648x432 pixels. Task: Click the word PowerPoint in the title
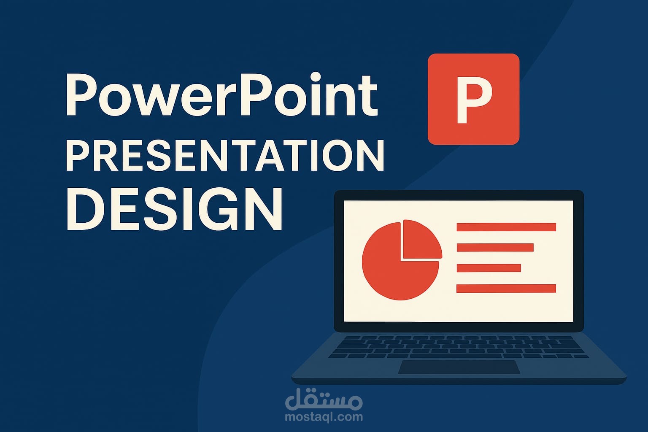(x=222, y=94)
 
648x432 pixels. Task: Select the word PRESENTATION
(x=225, y=156)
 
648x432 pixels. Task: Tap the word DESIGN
(x=174, y=209)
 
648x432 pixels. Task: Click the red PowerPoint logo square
(x=474, y=99)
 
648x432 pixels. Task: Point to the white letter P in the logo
(x=474, y=100)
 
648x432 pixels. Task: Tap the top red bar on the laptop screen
(x=506, y=227)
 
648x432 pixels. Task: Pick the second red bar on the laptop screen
(x=495, y=248)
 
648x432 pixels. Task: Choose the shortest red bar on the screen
(x=489, y=268)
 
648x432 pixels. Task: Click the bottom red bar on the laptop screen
(x=506, y=289)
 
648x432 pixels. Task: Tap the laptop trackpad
(x=459, y=367)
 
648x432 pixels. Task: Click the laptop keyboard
(x=459, y=347)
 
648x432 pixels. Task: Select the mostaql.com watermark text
(x=324, y=417)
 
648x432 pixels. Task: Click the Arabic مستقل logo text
(x=324, y=399)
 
